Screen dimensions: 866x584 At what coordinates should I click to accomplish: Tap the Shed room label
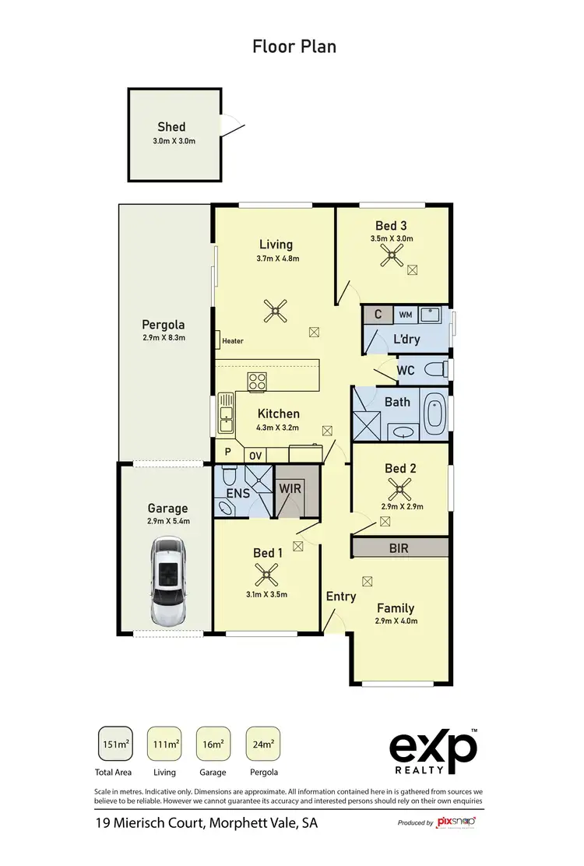(171, 127)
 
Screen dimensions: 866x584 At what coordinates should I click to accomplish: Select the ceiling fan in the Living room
(274, 312)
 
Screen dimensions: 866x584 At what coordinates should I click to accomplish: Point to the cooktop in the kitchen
(257, 382)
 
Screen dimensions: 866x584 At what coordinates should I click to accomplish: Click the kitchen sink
(226, 420)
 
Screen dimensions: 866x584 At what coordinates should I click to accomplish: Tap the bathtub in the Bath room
(434, 413)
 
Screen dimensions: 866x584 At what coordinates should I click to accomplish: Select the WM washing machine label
(406, 315)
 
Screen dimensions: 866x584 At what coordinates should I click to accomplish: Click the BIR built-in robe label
(399, 548)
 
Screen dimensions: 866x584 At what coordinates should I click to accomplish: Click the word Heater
(233, 341)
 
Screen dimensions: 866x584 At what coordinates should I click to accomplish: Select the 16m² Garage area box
(213, 745)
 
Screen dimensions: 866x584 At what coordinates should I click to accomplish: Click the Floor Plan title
(294, 47)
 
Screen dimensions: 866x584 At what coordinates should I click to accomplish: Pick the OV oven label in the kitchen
(255, 455)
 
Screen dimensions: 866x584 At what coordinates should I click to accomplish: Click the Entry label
(341, 597)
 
